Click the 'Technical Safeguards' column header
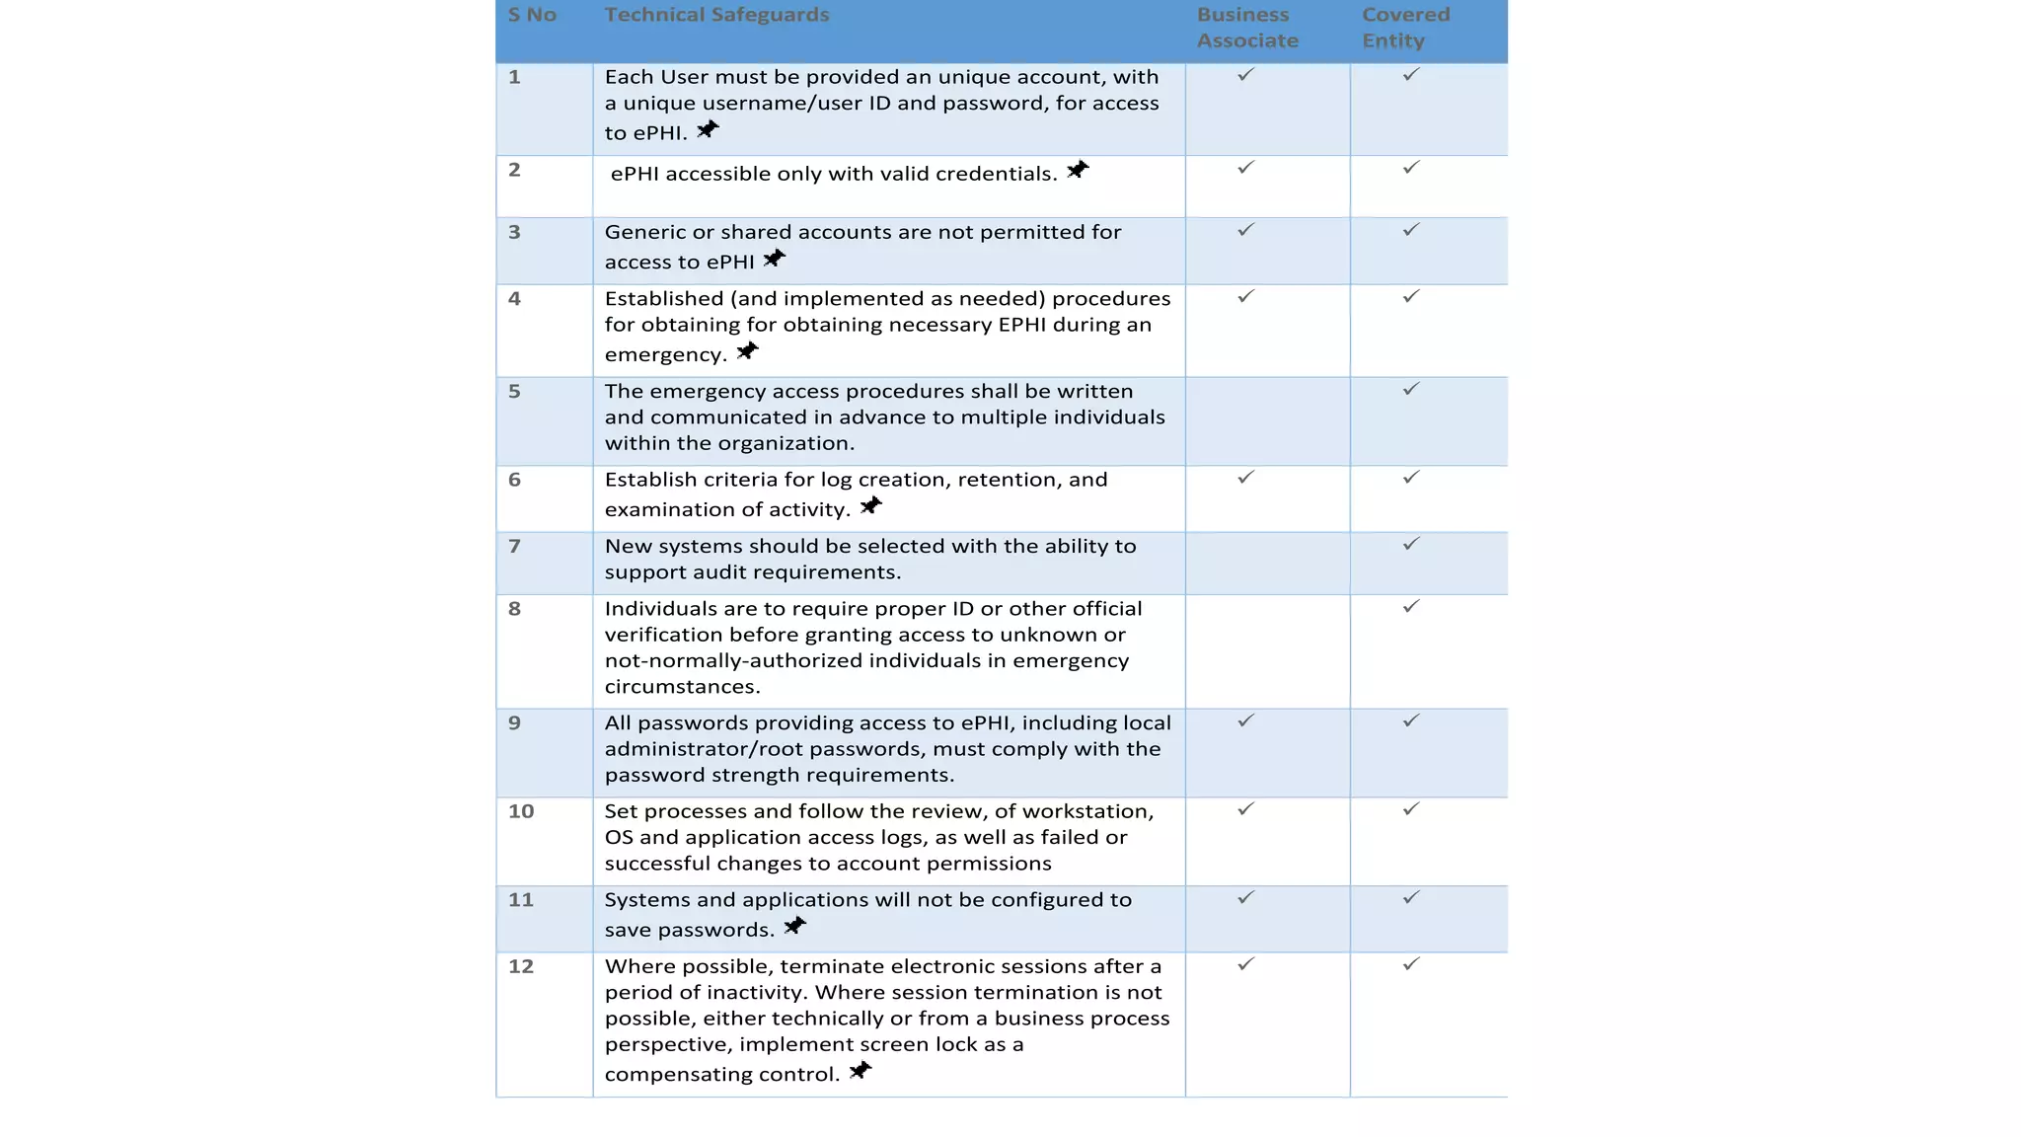click(716, 15)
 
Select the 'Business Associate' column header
click(1246, 28)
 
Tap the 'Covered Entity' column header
click(1405, 28)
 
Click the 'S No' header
click(532, 15)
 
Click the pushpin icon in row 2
click(1078, 170)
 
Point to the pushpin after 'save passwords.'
click(794, 926)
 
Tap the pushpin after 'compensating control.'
click(861, 1071)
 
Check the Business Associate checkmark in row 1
click(1245, 75)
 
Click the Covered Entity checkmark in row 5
click(1411, 389)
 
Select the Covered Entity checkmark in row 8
click(1411, 606)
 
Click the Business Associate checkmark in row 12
click(1245, 964)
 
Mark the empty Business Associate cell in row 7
click(1267, 563)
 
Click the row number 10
click(521, 811)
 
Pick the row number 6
click(514, 480)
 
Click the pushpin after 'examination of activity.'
click(870, 506)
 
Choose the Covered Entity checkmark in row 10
click(1411, 809)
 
